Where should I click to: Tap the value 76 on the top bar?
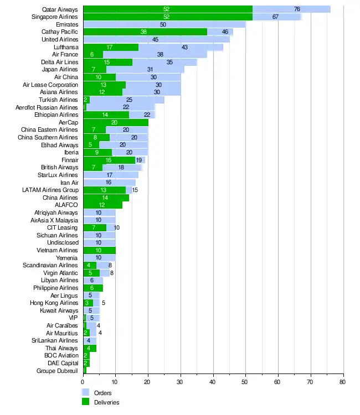point(297,9)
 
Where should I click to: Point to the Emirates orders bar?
point(164,24)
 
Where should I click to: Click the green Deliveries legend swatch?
point(86,402)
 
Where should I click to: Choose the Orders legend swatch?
point(86,392)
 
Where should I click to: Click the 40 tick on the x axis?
point(213,382)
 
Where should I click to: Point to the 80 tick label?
point(343,382)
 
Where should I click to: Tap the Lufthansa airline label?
point(65,47)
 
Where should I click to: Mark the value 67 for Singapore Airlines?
point(275,17)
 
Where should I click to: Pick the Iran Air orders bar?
point(109,183)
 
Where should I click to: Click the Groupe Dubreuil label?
point(58,371)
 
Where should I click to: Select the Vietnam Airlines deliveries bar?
point(99,250)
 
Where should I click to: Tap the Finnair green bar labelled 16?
point(109,160)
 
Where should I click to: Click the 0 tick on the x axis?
point(83,382)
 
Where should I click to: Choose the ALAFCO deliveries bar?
point(102,205)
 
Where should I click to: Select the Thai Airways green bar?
point(90,348)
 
